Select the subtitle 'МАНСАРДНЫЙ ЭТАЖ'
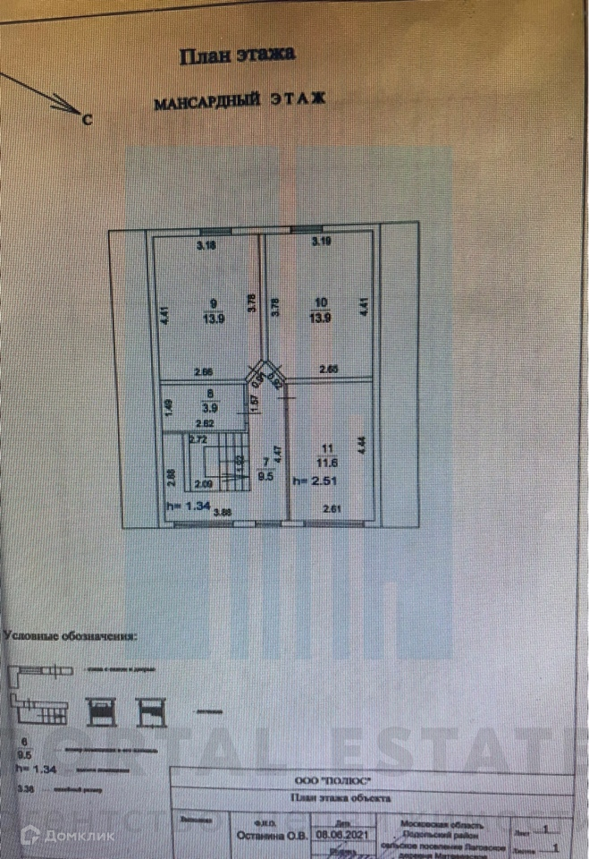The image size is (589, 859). tap(240, 102)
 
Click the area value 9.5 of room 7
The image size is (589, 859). tap(264, 476)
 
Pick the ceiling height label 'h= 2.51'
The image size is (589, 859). tap(314, 480)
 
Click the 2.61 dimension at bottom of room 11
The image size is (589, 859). tap(332, 511)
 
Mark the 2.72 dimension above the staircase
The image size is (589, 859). tap(198, 439)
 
